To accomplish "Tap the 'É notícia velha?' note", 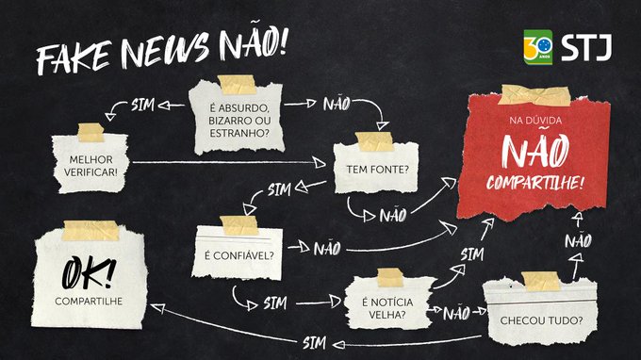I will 384,300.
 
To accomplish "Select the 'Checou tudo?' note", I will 534,319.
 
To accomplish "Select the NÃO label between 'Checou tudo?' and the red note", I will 578,242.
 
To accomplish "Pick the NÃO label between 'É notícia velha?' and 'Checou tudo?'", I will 456,312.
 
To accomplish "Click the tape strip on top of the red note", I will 534,94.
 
